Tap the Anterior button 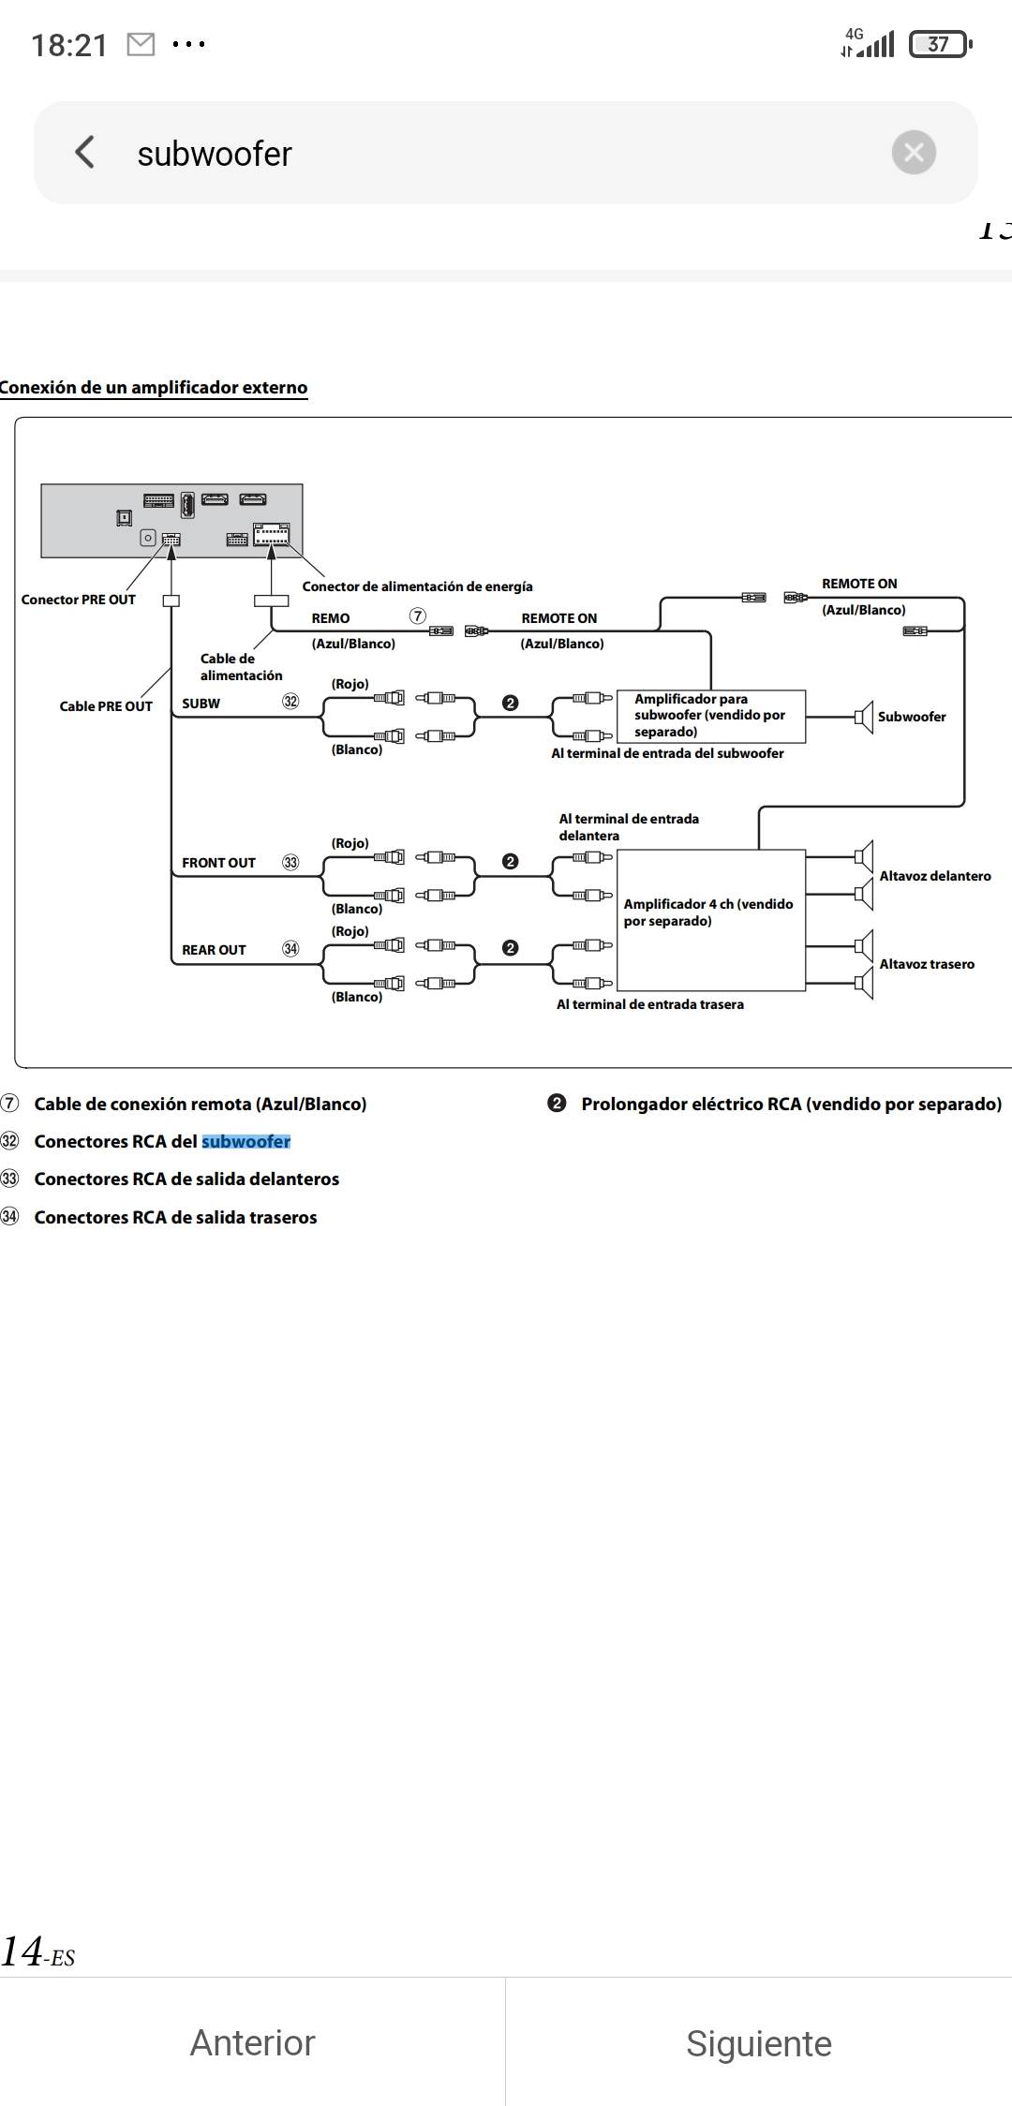[252, 2042]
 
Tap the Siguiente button [758, 2042]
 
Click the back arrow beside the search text [85, 152]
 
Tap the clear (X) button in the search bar [914, 152]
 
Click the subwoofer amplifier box [710, 716]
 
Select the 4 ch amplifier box [710, 918]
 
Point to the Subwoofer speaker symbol [864, 718]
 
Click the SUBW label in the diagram [201, 704]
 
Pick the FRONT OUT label [218, 863]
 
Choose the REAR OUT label [214, 950]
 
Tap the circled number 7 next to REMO [418, 616]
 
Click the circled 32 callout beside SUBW [290, 702]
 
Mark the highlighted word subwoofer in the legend [246, 1141]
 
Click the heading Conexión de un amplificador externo [154, 388]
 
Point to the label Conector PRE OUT [79, 600]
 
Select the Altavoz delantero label [934, 876]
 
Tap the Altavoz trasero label [927, 964]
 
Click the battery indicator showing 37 [940, 44]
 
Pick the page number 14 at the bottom [22, 1951]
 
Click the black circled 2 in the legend [557, 1104]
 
